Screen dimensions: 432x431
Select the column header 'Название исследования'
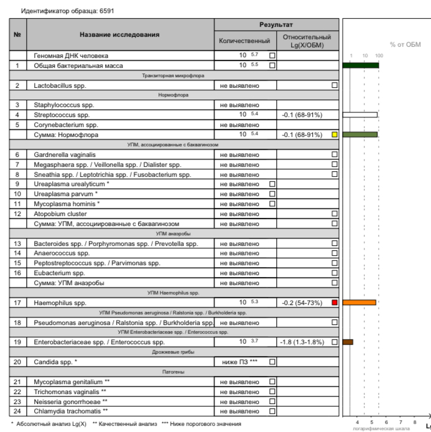coord(119,34)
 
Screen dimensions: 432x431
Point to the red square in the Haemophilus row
coord(335,303)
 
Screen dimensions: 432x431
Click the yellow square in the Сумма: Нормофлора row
coord(335,134)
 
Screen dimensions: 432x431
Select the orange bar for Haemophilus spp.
coord(359,303)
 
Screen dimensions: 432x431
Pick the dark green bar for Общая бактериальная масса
coord(361,65)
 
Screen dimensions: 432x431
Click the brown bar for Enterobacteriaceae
coord(348,342)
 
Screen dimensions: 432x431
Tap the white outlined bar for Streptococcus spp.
coord(361,115)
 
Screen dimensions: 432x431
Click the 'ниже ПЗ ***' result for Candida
coord(239,362)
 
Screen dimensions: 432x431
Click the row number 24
coord(17,411)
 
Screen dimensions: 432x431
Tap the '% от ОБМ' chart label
coord(405,45)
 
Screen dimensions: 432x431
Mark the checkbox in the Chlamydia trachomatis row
coord(272,411)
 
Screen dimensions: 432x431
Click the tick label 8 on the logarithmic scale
coord(414,422)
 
